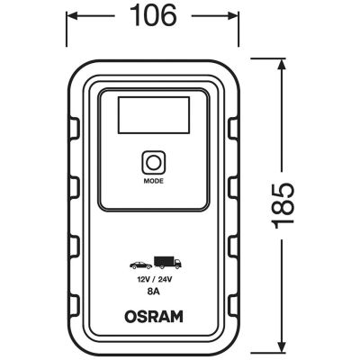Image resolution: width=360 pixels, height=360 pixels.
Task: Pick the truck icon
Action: coord(167,264)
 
